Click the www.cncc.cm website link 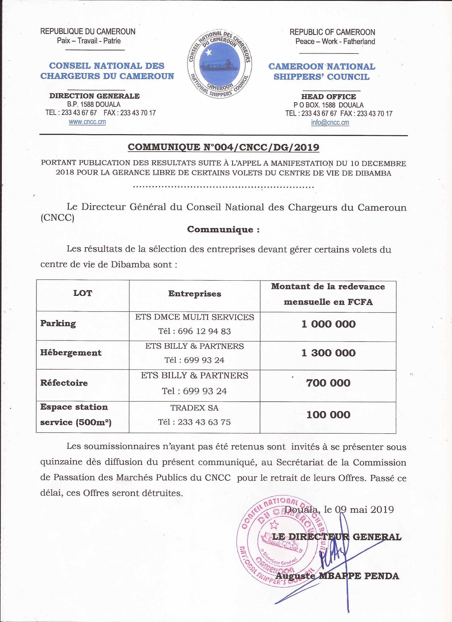(87, 122)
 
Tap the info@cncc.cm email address (330, 123)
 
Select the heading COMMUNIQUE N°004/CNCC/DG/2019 (223, 148)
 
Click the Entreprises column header (195, 294)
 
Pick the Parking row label (58, 323)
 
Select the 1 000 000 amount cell (328, 324)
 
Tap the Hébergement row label (71, 353)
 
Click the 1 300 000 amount (328, 353)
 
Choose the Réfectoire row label (64, 383)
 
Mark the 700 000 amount (328, 383)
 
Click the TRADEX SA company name (195, 408)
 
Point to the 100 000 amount (328, 415)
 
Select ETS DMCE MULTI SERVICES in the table (195, 317)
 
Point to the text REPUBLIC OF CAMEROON (332, 32)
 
